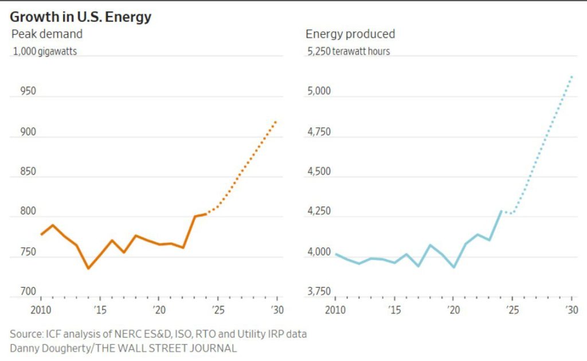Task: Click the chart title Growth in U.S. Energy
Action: (x=81, y=17)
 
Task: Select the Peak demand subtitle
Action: (x=47, y=34)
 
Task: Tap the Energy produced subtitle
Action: (x=350, y=34)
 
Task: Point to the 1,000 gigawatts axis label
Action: (x=45, y=51)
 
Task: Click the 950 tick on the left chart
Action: (x=20, y=92)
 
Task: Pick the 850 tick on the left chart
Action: (x=20, y=172)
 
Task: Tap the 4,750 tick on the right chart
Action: (x=319, y=132)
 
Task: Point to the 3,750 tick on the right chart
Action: (x=319, y=292)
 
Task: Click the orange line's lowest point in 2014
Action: (x=88, y=268)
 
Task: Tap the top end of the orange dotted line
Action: (x=276, y=121)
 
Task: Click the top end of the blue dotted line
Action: (x=572, y=76)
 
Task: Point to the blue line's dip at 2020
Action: (x=453, y=267)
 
